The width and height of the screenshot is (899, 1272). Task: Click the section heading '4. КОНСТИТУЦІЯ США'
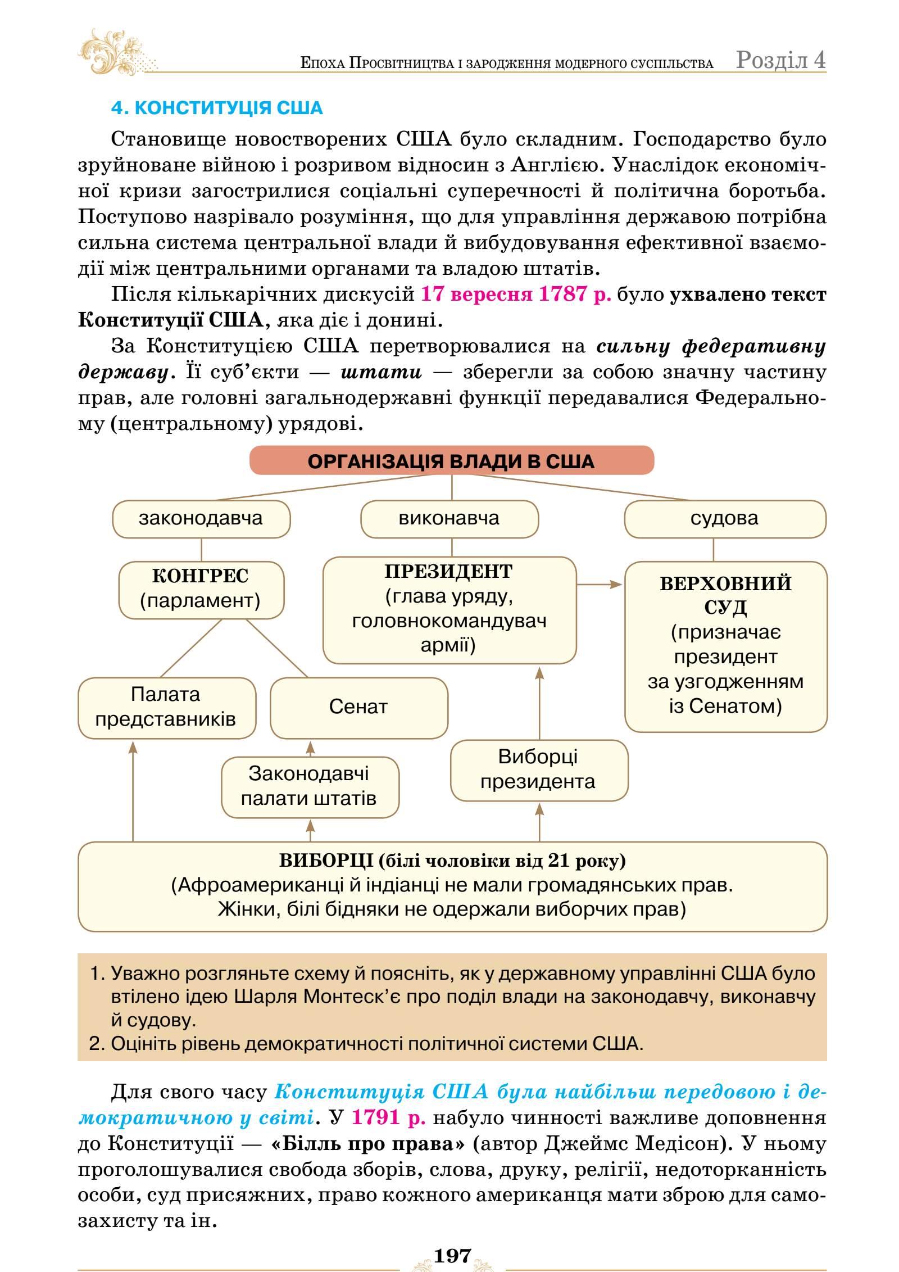(217, 107)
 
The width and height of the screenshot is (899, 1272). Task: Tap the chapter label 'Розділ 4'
(780, 60)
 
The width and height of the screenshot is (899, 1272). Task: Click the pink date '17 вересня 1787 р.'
(516, 294)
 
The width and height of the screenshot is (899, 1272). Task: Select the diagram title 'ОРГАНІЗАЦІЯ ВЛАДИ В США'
(451, 461)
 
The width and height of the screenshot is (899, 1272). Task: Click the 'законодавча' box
(201, 518)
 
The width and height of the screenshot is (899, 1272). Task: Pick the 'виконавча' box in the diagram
(449, 518)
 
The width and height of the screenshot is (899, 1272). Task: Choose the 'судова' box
(725, 518)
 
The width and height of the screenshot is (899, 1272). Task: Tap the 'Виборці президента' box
(538, 769)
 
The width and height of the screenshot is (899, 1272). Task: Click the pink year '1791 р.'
(388, 1117)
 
